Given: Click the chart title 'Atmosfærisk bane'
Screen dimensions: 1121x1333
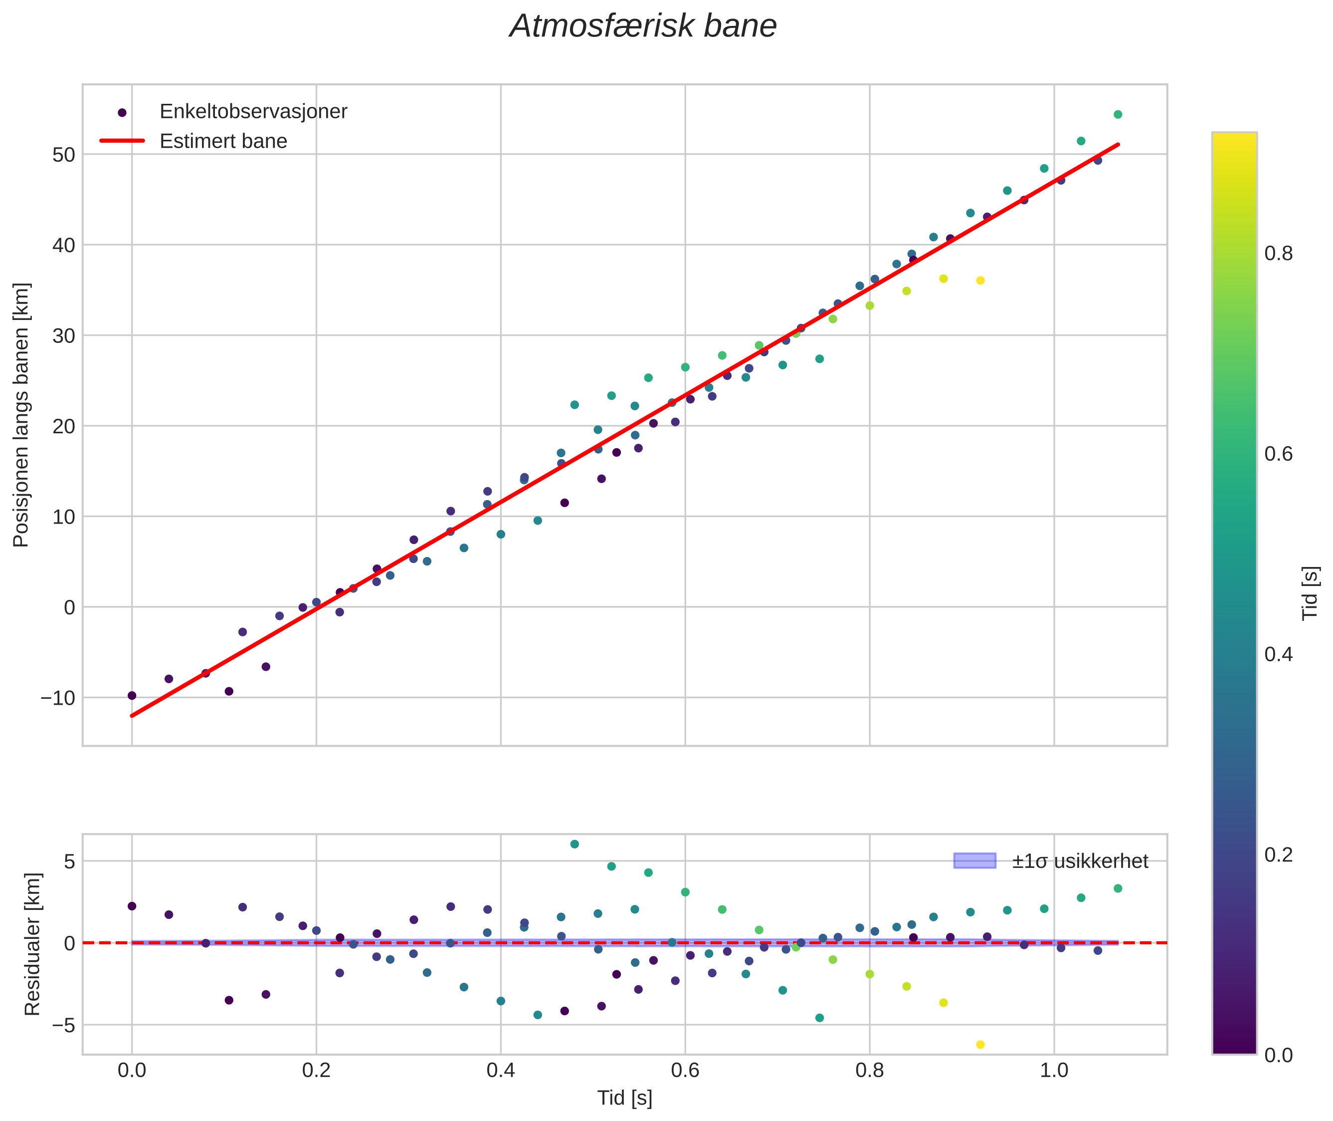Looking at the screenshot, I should coord(643,26).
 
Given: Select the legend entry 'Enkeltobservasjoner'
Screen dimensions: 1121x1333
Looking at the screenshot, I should coord(253,112).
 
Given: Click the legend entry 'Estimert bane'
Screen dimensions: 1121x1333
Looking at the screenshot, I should coord(223,141).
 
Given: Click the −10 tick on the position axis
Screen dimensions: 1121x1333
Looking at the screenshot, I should coord(58,698).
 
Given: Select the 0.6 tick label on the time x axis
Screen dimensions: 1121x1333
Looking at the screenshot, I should coord(685,1070).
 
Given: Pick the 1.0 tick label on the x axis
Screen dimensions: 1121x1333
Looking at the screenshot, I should coord(1054,1070).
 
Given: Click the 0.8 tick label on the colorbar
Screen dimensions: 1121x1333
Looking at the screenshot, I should coord(1278,254).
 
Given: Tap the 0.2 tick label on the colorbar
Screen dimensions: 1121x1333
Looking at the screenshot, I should coord(1278,855).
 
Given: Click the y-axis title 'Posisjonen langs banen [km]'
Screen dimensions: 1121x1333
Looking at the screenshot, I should coord(21,415).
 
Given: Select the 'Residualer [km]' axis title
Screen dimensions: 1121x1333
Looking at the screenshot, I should coord(32,944).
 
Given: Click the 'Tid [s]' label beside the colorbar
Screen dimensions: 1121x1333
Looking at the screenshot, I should coord(1310,592).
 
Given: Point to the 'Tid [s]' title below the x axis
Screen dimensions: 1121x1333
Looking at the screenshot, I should coord(624,1098).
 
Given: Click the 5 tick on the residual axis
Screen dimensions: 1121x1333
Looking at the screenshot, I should coord(69,862).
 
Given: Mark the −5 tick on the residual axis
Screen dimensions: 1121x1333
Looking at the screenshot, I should coord(63,1025).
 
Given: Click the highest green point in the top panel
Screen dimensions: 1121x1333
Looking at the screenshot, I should coord(1118,115).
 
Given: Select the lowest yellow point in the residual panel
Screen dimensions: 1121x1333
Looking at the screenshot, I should coord(980,1045).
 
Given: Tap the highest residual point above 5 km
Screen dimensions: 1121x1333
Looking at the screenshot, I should coord(574,844).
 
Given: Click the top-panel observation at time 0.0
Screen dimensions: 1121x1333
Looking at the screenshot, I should coord(132,696).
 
